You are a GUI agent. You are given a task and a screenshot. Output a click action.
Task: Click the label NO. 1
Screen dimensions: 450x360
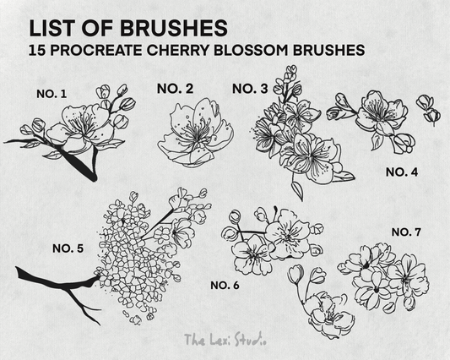pyautogui.click(x=52, y=94)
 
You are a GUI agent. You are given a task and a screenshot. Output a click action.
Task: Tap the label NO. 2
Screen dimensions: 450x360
pyautogui.click(x=175, y=89)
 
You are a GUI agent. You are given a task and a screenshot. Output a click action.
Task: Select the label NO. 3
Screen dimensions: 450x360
pyautogui.click(x=250, y=89)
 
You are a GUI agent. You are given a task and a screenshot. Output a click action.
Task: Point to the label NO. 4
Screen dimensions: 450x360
pyautogui.click(x=402, y=172)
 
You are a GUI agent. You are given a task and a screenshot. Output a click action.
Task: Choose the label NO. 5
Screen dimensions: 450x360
pyautogui.click(x=68, y=248)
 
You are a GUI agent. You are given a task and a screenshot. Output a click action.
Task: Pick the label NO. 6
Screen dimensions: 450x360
pyautogui.click(x=225, y=286)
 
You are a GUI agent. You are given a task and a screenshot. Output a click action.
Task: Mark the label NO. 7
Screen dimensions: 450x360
pyautogui.click(x=406, y=232)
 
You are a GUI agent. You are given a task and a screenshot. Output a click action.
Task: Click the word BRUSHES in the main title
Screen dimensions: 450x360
pyautogui.click(x=174, y=29)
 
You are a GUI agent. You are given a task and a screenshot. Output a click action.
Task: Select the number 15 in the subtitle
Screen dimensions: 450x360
pyautogui.click(x=39, y=50)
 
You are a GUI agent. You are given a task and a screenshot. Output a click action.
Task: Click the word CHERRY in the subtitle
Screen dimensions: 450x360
pyautogui.click(x=178, y=50)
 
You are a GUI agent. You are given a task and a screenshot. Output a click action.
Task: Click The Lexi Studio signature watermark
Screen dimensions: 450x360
pyautogui.click(x=225, y=340)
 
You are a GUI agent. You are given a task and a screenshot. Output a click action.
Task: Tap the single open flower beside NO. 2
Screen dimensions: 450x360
pyautogui.click(x=195, y=133)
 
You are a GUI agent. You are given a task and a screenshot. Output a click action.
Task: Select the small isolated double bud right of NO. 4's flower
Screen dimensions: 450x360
pyautogui.click(x=428, y=111)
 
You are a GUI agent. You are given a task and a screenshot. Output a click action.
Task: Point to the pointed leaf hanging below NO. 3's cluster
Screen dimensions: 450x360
pyautogui.click(x=298, y=188)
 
